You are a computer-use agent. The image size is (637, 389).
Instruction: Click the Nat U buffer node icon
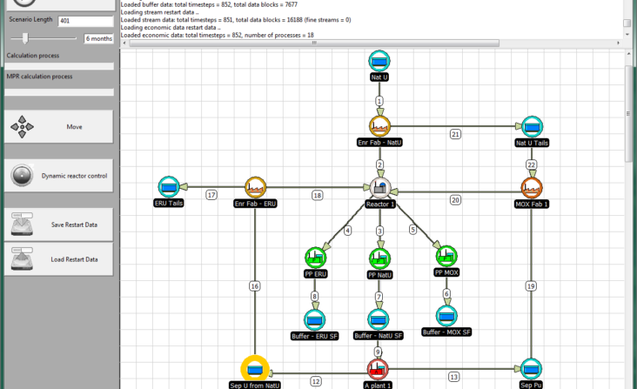[379, 61]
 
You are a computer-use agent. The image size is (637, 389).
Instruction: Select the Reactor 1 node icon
[380, 188]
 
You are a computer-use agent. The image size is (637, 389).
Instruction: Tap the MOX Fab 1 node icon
[532, 188]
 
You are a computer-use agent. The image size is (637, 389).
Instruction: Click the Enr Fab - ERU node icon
[255, 187]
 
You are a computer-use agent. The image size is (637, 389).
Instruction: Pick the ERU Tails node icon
[169, 187]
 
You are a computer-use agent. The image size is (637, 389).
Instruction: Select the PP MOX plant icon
[446, 256]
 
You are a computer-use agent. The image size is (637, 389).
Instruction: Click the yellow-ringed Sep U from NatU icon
[255, 369]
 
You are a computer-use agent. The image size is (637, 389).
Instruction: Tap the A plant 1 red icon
[378, 369]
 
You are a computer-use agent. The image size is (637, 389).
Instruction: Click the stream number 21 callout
[455, 134]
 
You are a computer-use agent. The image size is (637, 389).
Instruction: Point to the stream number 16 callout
[255, 286]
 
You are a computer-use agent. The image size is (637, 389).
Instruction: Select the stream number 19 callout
[531, 286]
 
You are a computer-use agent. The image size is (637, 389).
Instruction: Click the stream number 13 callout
[453, 377]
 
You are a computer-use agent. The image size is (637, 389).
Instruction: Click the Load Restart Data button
[59, 259]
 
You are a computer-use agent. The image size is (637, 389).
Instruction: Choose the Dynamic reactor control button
[59, 176]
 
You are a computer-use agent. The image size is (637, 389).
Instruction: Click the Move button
[59, 127]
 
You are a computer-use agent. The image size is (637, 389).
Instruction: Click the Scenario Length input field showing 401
[86, 21]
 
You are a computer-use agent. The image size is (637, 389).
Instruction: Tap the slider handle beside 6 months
[25, 38]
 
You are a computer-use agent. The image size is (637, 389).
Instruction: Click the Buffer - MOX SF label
[446, 332]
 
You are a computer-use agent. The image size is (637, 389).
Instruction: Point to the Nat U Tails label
[532, 143]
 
